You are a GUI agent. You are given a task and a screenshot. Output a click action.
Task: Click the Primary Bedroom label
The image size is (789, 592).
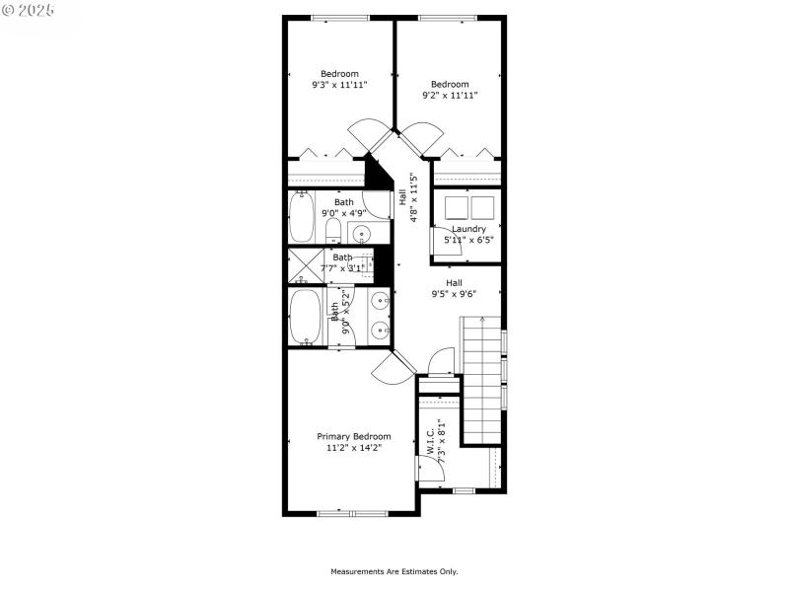tap(353, 436)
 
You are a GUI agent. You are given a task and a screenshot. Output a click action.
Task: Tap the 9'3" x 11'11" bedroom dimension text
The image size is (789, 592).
tap(339, 85)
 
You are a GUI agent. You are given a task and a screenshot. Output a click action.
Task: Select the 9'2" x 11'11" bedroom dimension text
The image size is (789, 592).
tap(449, 96)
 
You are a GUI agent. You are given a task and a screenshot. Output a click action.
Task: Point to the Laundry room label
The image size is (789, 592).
tap(468, 229)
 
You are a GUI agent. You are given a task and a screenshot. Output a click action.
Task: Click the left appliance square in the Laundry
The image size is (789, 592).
tap(457, 207)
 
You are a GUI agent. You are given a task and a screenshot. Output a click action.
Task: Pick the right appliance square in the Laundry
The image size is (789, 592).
tap(481, 207)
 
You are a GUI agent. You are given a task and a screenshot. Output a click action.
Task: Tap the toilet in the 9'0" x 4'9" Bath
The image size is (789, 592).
tap(333, 232)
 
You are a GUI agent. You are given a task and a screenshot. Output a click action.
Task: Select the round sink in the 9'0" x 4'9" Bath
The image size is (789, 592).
tap(361, 234)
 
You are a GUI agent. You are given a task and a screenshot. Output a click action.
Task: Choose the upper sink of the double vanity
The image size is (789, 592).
tap(380, 301)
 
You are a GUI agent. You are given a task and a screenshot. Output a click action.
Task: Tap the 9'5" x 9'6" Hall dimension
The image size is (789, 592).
tap(454, 293)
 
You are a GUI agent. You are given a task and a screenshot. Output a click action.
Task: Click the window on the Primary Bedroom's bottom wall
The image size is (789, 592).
tap(352, 512)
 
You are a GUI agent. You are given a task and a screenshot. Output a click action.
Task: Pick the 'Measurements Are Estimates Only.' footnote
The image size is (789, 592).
tap(394, 571)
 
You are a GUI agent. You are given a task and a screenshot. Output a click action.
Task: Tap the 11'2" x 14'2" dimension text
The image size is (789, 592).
tap(353, 448)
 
